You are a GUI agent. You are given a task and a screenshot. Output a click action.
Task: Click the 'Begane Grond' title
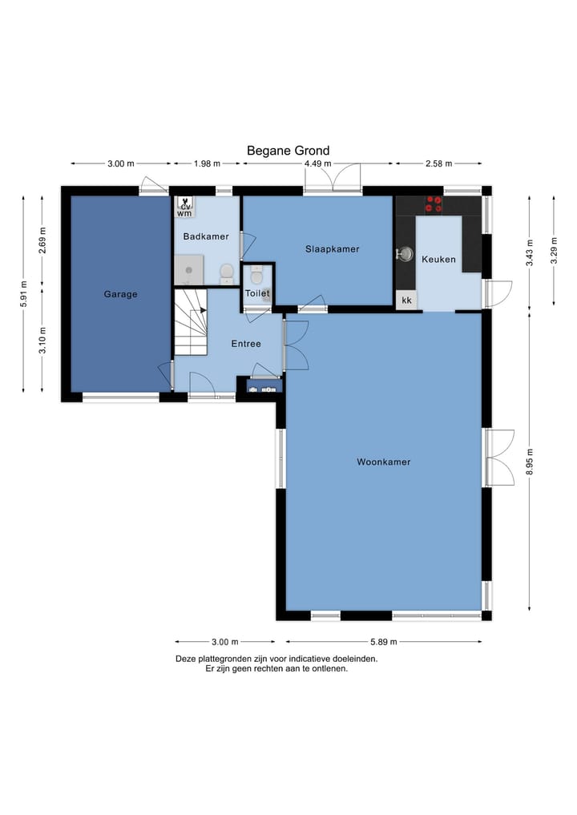[x=288, y=151]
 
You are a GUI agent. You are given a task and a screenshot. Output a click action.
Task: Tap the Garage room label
[x=120, y=294]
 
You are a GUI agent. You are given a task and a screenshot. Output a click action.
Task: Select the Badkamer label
[x=206, y=236]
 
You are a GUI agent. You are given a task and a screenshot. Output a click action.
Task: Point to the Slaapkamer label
[x=332, y=249]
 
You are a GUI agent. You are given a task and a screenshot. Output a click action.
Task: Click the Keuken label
[x=438, y=260]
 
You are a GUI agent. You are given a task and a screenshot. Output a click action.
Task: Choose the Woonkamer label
[x=384, y=462]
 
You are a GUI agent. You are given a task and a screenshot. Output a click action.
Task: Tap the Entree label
[x=246, y=344]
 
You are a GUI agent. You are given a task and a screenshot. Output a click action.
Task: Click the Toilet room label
[x=257, y=293]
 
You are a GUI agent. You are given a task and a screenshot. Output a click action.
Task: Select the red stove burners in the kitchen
[x=434, y=204]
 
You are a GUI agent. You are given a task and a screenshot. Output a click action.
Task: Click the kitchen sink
[x=405, y=254]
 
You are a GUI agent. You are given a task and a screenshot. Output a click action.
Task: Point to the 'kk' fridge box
[x=406, y=300]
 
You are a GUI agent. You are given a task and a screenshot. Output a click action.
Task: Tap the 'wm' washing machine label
[x=184, y=213]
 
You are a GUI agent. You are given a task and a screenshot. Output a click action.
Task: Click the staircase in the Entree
[x=190, y=322]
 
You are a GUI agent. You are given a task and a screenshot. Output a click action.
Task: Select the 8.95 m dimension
[x=530, y=462]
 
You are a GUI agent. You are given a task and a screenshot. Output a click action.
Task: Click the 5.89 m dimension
[x=384, y=642]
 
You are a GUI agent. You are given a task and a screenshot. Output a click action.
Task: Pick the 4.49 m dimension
[x=317, y=163]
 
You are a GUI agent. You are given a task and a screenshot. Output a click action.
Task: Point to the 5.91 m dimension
[x=23, y=293]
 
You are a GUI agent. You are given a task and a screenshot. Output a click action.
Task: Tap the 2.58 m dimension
[x=438, y=163]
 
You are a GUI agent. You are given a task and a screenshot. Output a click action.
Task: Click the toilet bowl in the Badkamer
[x=227, y=272]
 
